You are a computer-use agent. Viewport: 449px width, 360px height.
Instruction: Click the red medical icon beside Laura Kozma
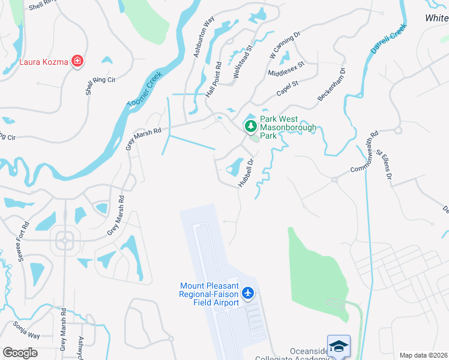tap(77, 61)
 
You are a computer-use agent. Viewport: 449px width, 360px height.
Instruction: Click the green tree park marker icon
tap(250, 126)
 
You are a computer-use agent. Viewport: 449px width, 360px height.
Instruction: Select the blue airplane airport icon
tap(248, 293)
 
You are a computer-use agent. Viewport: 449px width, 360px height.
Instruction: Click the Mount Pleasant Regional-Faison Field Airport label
tap(209, 294)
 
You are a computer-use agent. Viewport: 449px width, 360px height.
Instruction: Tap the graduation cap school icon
tap(339, 346)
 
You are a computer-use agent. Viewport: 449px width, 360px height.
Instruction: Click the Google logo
tap(20, 353)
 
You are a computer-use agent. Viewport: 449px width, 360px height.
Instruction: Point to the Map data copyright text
tap(423, 355)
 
